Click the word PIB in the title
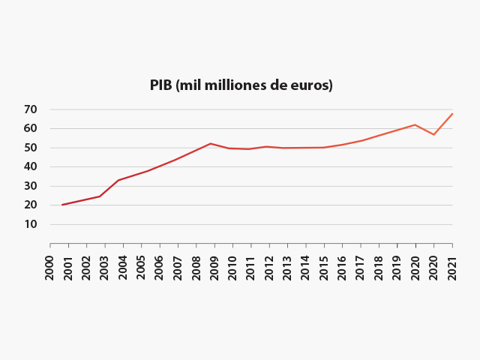point(160,85)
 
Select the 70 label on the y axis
point(30,109)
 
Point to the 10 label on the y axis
point(30,224)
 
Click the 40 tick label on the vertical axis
point(30,166)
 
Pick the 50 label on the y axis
point(30,148)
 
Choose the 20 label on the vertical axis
point(30,205)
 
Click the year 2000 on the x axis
point(50,268)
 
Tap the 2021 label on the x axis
point(452,268)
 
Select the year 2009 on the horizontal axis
point(214,268)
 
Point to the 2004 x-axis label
point(123,268)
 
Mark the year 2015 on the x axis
point(324,268)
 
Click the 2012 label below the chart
point(269,268)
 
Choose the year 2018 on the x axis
point(379,268)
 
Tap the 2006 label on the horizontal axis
point(160,268)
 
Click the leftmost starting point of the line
point(62,205)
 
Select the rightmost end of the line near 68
point(452,113)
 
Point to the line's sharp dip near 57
point(433,134)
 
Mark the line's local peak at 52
point(211,143)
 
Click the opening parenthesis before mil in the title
point(178,85)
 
